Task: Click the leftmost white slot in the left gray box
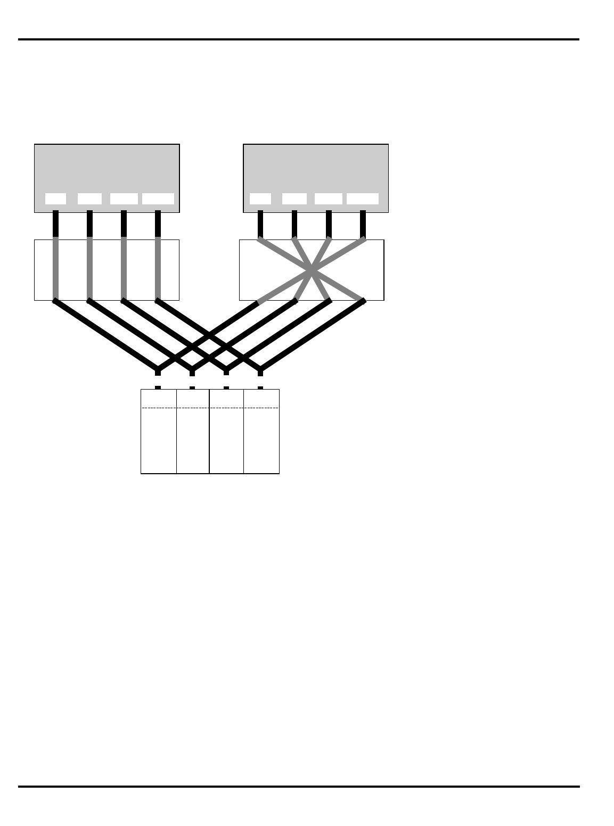pos(55,199)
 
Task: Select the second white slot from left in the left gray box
pos(89,199)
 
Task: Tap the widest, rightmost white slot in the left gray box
pos(158,199)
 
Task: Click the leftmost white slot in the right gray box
pos(260,199)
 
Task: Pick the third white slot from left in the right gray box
pos(329,199)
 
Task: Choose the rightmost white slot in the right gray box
pos(363,199)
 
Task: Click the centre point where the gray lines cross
pos(312,271)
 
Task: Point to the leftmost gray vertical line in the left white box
pos(55,269)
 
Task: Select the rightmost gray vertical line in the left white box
pos(158,269)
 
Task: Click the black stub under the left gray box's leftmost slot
pos(55,224)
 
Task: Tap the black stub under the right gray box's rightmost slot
pos(363,224)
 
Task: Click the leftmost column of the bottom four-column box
pos(159,442)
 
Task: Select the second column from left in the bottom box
pos(193,442)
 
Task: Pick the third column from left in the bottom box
pos(227,442)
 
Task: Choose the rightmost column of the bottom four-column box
pos(261,442)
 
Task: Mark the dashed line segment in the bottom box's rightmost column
pos(261,408)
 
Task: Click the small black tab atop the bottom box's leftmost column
pos(158,387)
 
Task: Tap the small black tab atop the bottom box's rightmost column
pos(260,387)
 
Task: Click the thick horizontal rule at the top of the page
pos(299,39)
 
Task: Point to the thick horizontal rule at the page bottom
pos(299,786)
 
